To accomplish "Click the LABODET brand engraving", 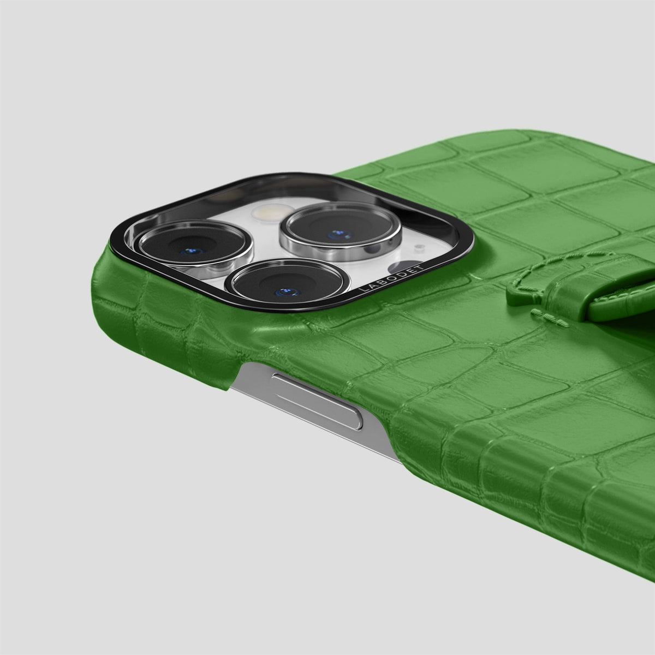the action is point(392,278).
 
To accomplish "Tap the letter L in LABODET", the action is point(362,290).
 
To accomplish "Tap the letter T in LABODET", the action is point(422,266).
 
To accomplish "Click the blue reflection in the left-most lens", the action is point(192,252).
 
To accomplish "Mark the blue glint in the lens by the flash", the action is point(338,234).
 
